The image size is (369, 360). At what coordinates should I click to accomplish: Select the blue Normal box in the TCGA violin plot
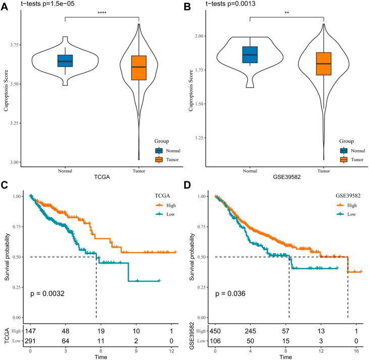click(x=65, y=61)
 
